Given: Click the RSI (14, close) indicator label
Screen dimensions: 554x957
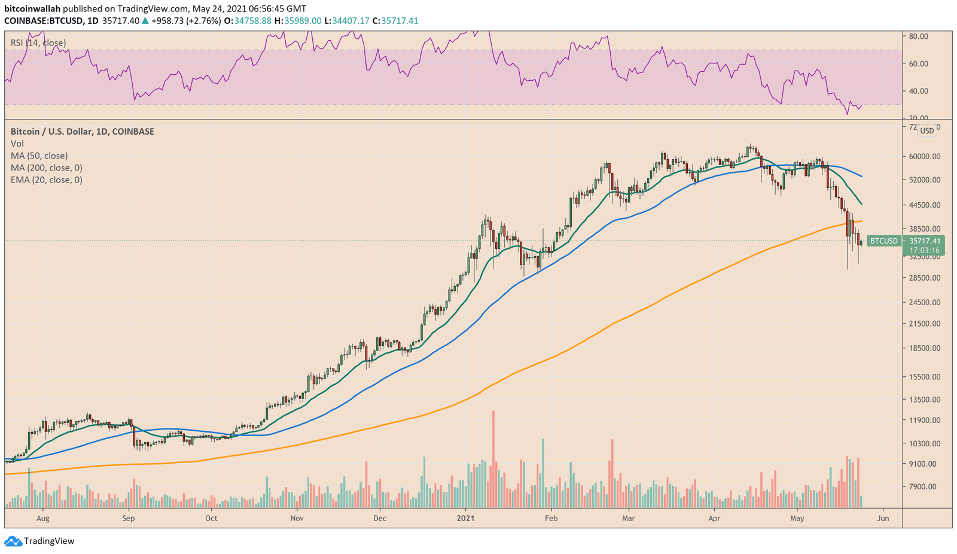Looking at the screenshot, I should click(x=38, y=43).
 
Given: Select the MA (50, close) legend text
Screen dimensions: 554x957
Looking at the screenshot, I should click(x=39, y=156).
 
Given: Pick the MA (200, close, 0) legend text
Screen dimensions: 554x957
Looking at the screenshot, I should click(x=47, y=168).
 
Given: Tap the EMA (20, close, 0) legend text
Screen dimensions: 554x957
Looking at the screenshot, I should click(x=47, y=179).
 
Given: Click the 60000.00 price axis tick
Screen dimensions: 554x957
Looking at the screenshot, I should click(x=924, y=156).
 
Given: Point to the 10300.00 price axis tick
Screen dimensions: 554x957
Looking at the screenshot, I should click(x=924, y=443).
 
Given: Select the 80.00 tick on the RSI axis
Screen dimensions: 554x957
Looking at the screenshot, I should click(x=919, y=36).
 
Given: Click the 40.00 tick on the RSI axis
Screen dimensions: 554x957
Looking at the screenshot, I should click(x=919, y=91).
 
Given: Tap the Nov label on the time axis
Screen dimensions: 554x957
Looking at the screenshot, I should click(x=297, y=518).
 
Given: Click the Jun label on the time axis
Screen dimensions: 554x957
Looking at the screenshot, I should click(x=883, y=518).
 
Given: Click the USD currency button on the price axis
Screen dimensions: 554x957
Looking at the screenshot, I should click(x=926, y=130).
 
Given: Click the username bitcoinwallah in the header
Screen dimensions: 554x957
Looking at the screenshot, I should click(x=32, y=9).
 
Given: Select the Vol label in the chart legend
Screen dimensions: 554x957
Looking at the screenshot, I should click(x=17, y=144).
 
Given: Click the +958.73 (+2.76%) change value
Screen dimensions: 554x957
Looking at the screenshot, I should click(x=186, y=21).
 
